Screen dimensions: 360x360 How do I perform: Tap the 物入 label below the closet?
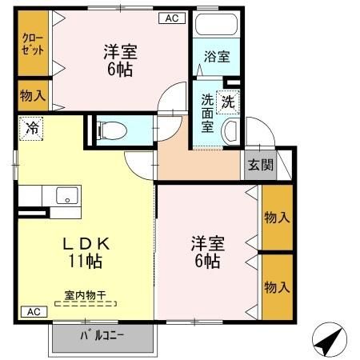click(33, 96)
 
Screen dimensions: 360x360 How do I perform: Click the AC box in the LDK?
click(32, 311)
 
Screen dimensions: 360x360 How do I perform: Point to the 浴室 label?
click(216, 57)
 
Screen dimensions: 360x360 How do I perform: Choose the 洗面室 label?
click(207, 114)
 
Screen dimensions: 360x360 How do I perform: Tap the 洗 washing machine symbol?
click(229, 102)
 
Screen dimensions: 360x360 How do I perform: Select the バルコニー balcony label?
click(102, 335)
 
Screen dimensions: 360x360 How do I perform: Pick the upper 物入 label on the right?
click(277, 217)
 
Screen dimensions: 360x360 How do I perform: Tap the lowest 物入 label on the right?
click(277, 286)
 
